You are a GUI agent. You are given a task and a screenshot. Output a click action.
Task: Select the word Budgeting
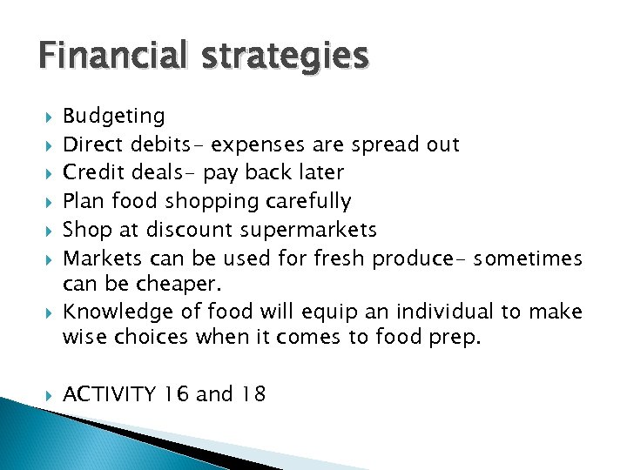(114, 117)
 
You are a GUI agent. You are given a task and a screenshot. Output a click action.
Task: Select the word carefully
(309, 202)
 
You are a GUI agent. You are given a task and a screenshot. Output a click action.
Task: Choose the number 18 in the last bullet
(253, 394)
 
